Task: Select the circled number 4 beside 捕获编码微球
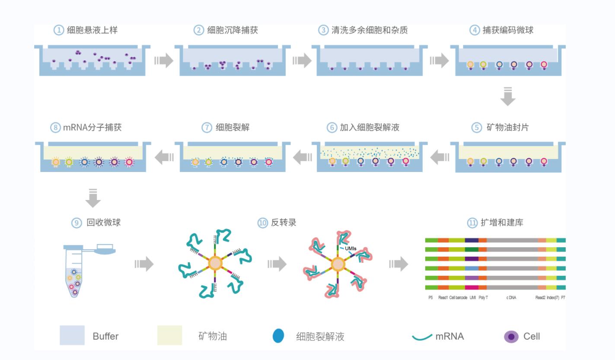(475, 31)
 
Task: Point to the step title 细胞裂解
(232, 128)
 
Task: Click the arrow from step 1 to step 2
(163, 61)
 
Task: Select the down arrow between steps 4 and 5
(507, 96)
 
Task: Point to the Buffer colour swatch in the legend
(72, 336)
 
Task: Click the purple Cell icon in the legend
(511, 336)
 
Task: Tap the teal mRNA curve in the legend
(422, 337)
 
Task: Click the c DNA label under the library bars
(511, 298)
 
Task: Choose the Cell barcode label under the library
(458, 298)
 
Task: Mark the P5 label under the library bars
(430, 298)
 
